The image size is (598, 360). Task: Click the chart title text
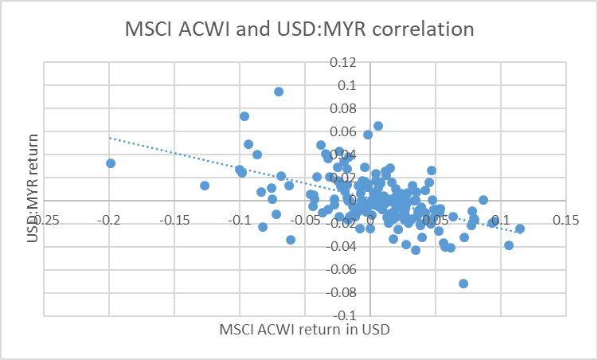(299, 29)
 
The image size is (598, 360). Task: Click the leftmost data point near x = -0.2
(111, 163)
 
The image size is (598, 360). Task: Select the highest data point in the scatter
(279, 92)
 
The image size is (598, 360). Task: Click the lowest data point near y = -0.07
(463, 284)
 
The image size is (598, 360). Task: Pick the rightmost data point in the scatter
(520, 229)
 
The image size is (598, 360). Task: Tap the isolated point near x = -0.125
(205, 186)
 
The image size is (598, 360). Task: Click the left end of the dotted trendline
(110, 138)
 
